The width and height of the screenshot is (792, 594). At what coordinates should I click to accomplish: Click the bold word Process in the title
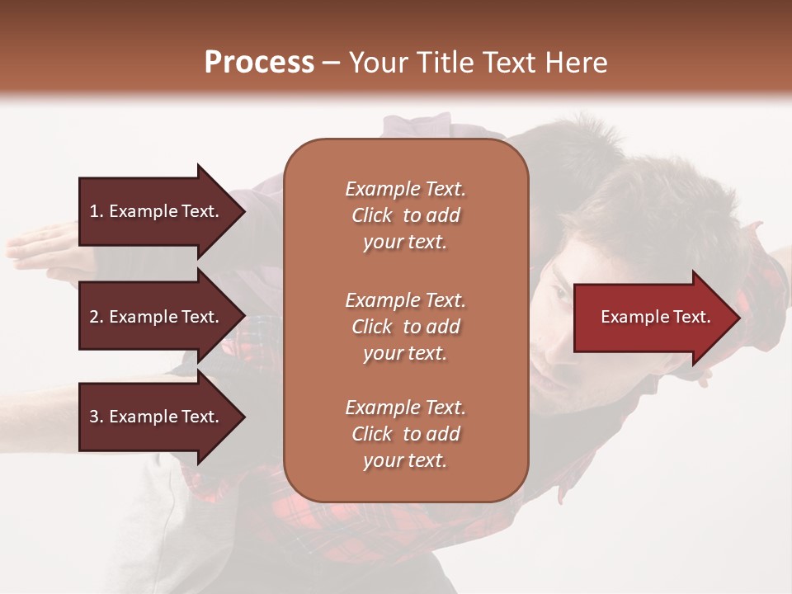coord(259,63)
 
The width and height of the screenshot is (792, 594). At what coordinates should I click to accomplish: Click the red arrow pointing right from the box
coord(652,318)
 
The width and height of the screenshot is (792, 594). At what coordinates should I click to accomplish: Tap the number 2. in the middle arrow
coord(97,317)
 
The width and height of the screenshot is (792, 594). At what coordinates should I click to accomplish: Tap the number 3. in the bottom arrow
coord(97,417)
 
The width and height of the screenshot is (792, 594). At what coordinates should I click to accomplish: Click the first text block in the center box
coord(405,215)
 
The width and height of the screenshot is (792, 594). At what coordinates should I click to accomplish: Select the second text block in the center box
coord(405,326)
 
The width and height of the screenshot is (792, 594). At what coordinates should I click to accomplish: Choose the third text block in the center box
coord(405,434)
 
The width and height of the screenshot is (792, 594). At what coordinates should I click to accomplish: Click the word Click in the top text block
coord(372,215)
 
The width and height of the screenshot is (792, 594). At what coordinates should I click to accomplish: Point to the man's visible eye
coord(560,294)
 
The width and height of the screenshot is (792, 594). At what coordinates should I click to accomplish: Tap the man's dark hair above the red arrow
coord(660,214)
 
